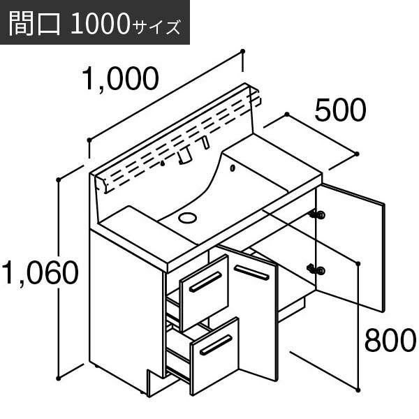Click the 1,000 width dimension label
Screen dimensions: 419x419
(120, 78)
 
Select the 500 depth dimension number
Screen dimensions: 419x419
(340, 110)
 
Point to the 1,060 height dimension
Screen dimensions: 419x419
(40, 272)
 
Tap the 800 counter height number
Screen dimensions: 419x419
(390, 340)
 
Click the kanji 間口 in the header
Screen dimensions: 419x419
(35, 23)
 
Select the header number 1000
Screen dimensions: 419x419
(101, 24)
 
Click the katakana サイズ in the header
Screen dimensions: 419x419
(156, 27)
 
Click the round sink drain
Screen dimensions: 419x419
(188, 217)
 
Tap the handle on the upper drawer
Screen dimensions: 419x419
(205, 282)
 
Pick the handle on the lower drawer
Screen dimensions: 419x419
(216, 345)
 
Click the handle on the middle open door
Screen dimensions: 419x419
(251, 272)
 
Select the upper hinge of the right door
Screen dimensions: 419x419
(318, 214)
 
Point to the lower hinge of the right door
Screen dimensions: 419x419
(317, 270)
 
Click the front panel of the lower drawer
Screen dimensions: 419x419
(215, 355)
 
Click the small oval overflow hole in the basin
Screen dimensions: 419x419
(233, 168)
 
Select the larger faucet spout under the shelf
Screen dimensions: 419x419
(184, 156)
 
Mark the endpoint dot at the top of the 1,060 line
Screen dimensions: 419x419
(59, 179)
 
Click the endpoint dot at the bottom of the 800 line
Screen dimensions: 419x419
(358, 390)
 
